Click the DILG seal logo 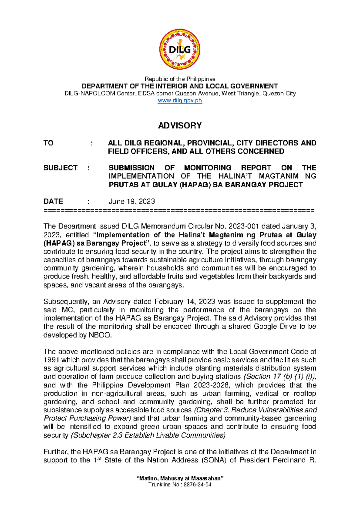point(180,50)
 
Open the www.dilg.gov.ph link point(180,101)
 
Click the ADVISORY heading point(180,125)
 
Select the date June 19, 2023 point(131,201)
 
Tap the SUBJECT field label point(60,168)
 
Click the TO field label point(48,143)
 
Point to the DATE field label point(53,201)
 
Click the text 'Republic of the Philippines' point(180,79)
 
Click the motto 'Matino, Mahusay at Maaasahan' point(180,478)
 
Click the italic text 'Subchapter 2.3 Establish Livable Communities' point(148,435)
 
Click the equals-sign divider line point(179,210)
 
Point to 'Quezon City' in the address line point(279,93)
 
